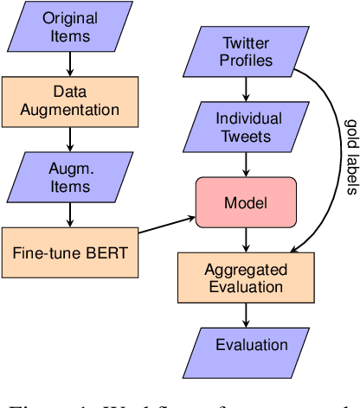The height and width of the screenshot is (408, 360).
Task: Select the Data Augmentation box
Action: [70, 100]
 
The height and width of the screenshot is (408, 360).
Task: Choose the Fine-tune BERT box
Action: [70, 253]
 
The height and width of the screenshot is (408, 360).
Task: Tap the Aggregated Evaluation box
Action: [247, 277]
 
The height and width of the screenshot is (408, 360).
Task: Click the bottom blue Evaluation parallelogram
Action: [247, 346]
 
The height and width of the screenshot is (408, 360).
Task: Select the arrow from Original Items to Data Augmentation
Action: [70, 66]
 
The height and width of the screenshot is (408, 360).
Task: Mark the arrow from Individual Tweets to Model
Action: [247, 166]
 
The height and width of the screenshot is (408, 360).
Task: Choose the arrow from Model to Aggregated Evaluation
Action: [247, 240]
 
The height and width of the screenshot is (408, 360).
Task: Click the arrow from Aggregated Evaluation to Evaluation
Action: [247, 313]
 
